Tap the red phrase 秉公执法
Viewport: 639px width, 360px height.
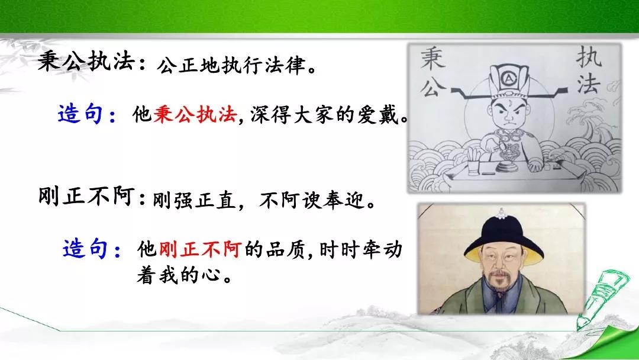tap(195, 114)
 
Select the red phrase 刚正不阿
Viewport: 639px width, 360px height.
tap(200, 249)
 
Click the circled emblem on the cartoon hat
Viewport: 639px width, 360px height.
tap(509, 77)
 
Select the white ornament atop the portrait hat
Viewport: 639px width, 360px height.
tap(502, 213)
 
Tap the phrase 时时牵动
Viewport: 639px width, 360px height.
tap(361, 249)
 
